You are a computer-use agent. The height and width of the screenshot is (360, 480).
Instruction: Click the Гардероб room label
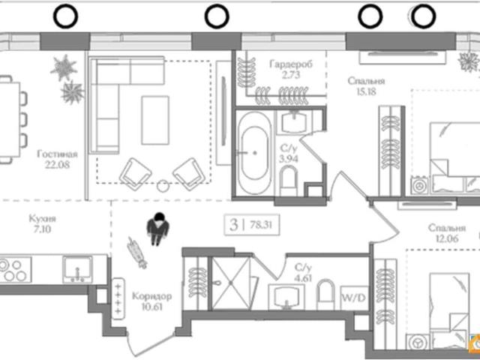click(x=291, y=64)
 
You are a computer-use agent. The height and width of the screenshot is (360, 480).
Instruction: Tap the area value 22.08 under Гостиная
click(x=58, y=165)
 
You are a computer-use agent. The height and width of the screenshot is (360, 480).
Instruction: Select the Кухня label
click(x=43, y=219)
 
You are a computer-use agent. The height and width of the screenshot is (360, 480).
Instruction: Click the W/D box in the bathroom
click(x=354, y=298)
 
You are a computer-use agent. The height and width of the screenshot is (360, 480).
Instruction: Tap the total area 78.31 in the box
click(x=261, y=225)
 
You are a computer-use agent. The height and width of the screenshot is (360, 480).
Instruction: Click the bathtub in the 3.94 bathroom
click(x=255, y=153)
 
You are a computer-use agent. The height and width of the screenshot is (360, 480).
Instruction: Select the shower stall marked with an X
click(x=231, y=283)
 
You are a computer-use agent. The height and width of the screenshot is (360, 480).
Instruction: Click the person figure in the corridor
click(x=157, y=229)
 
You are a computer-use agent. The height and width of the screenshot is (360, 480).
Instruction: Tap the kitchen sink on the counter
click(x=77, y=269)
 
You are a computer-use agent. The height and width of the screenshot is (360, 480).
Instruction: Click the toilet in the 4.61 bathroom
click(x=326, y=295)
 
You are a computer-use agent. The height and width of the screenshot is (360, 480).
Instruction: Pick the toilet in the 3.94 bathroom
click(x=289, y=180)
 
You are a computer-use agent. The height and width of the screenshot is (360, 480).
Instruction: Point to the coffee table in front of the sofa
click(x=155, y=120)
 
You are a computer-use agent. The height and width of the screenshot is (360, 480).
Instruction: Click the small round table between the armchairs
click(x=163, y=186)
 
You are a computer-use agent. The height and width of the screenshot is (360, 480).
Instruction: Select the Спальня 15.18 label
click(x=366, y=86)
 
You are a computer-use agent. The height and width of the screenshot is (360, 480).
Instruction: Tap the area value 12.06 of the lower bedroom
click(x=447, y=238)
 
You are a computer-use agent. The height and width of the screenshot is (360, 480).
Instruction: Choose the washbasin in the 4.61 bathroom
click(x=286, y=297)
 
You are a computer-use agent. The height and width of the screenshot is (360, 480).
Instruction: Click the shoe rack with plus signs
click(x=118, y=298)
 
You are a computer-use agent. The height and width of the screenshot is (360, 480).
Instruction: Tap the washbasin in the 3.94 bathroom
click(x=294, y=121)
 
